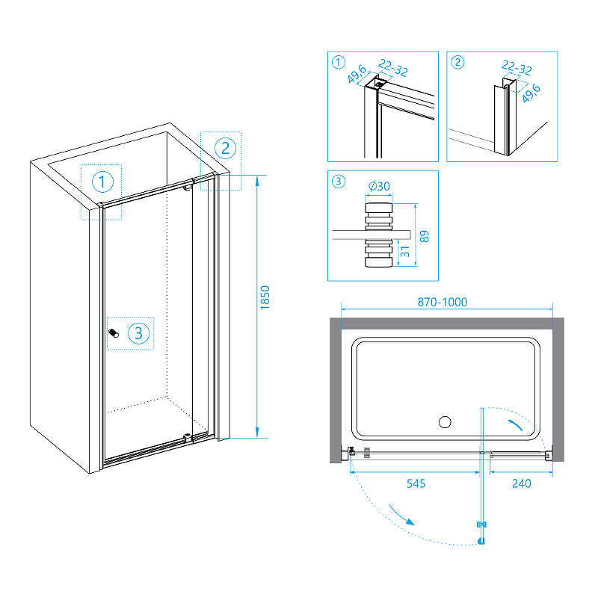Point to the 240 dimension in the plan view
point(520,483)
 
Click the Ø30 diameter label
point(379,187)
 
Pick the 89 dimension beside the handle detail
point(425,236)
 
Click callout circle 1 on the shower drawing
point(103,181)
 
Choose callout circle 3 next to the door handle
point(139,332)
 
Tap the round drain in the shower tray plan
point(445,422)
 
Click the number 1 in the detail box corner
point(338,62)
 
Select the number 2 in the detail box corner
point(457,62)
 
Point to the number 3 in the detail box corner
point(338,181)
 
